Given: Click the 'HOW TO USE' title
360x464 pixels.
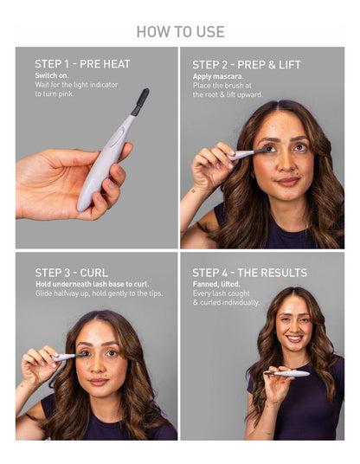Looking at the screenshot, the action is pyautogui.click(x=180, y=32).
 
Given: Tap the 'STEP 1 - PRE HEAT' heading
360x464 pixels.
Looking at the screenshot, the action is pyautogui.click(x=82, y=64).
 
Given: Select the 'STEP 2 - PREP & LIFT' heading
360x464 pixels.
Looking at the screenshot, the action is pyautogui.click(x=247, y=65).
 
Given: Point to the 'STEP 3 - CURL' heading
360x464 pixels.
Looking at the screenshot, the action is pyautogui.click(x=71, y=273).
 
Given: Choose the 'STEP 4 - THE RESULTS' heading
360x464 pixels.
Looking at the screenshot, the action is pyautogui.click(x=249, y=273).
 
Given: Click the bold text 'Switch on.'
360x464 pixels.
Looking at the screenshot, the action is pyautogui.click(x=52, y=75).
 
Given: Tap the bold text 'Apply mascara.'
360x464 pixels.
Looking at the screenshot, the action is pyautogui.click(x=218, y=76).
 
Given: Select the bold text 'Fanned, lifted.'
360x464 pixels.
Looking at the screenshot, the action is pyautogui.click(x=216, y=284).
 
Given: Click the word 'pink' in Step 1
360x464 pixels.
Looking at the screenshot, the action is pyautogui.click(x=66, y=93).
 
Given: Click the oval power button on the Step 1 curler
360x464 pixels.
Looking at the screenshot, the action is pyautogui.click(x=117, y=137).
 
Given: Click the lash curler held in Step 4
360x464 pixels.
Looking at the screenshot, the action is pyautogui.click(x=287, y=373).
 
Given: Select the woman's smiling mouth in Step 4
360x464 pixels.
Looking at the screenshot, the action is pyautogui.click(x=294, y=338).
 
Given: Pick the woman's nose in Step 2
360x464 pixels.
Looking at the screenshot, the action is pyautogui.click(x=286, y=164).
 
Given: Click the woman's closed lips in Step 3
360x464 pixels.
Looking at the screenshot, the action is pyautogui.click(x=99, y=381).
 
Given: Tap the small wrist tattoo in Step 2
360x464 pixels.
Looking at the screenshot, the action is pyautogui.click(x=193, y=190).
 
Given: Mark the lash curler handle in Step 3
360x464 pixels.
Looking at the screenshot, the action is pyautogui.click(x=63, y=358).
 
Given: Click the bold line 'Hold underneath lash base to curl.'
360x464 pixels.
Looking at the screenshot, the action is pyautogui.click(x=93, y=284).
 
